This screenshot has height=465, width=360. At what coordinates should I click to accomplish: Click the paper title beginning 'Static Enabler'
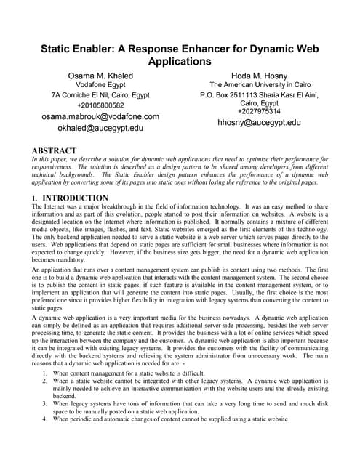pos(180,49)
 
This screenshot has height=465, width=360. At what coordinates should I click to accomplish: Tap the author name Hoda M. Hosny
pos(259,75)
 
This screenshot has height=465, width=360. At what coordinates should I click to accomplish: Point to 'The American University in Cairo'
pos(259,85)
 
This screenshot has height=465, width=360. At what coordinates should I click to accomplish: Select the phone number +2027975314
pos(259,111)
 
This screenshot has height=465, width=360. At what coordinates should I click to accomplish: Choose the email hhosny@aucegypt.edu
pos(259,123)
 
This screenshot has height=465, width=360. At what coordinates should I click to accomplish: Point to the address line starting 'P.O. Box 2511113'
pos(259,95)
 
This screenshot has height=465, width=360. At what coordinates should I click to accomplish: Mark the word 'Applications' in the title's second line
pos(180,61)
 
